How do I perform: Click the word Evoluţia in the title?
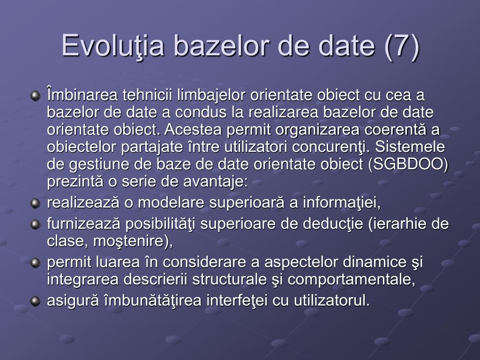point(113,45)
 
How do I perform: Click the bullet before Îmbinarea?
point(36,96)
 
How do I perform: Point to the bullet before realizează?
point(36,203)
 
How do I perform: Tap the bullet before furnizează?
point(36,225)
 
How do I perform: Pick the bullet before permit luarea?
point(36,262)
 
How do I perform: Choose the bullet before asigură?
point(36,301)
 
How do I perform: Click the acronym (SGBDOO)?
point(408,165)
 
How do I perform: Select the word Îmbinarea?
point(82,94)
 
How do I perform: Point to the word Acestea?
point(193,129)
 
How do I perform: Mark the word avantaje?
point(215,182)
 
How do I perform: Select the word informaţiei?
point(342,203)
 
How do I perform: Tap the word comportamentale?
point(351,279)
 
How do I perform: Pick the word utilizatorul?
point(332,300)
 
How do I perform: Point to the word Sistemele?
point(410,147)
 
